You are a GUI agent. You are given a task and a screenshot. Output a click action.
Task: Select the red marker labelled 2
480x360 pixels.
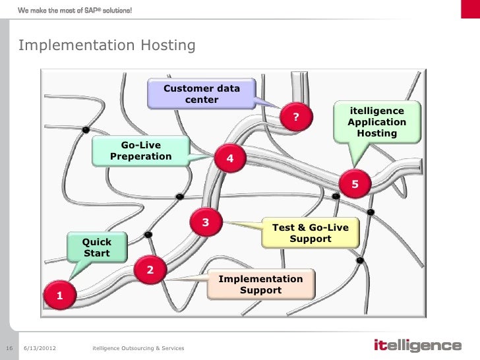pos(150,270)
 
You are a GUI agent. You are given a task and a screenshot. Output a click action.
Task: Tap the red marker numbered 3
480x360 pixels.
pos(206,223)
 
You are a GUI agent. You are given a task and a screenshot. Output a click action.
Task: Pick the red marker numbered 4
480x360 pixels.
pos(230,158)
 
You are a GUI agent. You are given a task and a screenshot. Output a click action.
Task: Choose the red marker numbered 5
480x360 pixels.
pos(355,184)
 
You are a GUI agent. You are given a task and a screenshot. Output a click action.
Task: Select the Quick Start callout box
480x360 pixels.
pos(97,247)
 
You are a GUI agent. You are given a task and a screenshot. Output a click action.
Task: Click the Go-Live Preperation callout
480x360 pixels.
pos(140,151)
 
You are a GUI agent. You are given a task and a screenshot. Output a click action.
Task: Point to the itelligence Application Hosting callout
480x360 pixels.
pos(377,122)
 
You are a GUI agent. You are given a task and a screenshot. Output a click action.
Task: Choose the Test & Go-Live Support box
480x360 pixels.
pos(311,233)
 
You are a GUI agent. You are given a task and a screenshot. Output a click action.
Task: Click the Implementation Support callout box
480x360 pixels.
pos(260,284)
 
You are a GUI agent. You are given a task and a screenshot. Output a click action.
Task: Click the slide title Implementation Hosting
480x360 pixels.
pos(107,45)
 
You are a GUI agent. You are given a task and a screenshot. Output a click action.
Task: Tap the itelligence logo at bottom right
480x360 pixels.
pos(417,345)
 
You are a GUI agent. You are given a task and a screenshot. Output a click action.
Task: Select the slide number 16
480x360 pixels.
pos(9,347)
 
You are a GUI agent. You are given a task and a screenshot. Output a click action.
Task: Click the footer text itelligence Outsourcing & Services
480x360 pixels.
pos(138,347)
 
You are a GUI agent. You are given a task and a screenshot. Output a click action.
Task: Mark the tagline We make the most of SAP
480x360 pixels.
pos(75,9)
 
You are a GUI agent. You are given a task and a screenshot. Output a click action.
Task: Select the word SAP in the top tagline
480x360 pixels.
pos(92,9)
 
